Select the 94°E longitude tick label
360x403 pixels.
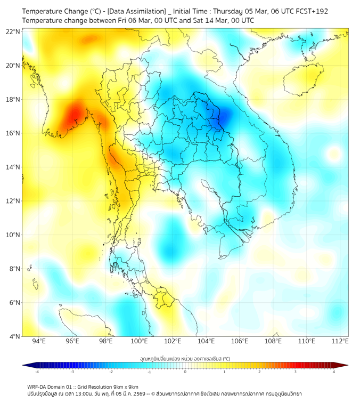point(38,341)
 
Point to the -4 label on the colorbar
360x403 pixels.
point(36,372)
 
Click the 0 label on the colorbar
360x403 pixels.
point(185,372)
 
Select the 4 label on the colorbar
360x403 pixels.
point(334,372)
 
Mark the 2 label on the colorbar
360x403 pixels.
point(260,372)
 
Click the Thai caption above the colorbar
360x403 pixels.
point(185,359)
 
